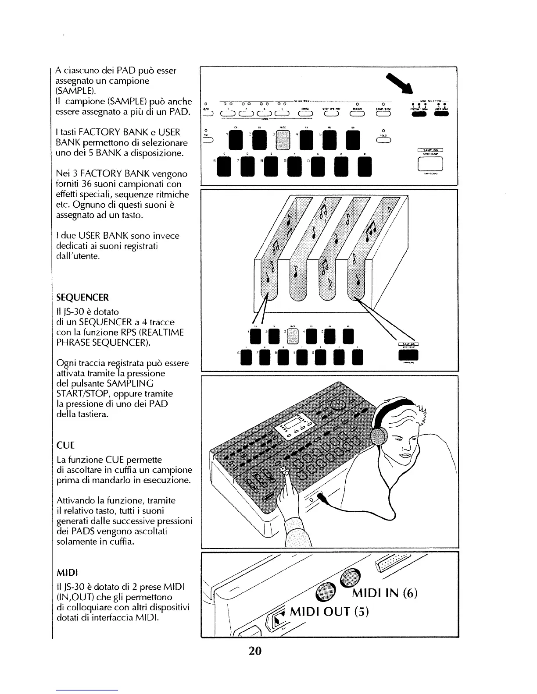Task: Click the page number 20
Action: tap(255, 651)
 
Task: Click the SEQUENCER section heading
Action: tap(82, 298)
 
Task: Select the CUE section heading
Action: tap(66, 446)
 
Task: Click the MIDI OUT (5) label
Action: tap(329, 611)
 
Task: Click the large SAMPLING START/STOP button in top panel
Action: tap(431, 163)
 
